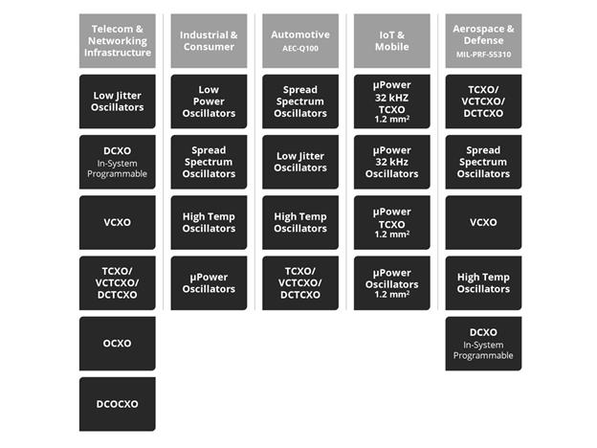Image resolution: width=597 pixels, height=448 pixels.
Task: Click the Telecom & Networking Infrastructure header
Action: [x=117, y=41]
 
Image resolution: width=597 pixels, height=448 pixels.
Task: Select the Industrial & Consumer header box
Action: [x=209, y=41]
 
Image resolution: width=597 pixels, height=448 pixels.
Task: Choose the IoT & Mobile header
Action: [x=391, y=41]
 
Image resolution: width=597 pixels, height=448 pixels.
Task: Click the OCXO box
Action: [x=117, y=343]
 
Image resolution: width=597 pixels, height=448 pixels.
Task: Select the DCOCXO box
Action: [x=117, y=403]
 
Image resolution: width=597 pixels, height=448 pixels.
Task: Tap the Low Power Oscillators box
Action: [x=209, y=101]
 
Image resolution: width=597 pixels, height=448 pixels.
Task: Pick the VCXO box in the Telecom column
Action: [x=117, y=222]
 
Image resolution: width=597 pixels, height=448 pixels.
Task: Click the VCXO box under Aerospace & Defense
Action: [x=483, y=222]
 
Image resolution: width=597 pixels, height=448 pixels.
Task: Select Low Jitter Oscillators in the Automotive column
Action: [x=300, y=162]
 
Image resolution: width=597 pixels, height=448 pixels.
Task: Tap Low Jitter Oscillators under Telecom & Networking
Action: [x=117, y=101]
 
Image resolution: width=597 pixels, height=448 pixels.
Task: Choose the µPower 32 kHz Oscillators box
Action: [x=391, y=162]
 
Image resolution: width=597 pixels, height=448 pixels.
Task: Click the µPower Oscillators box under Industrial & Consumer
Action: [x=209, y=282]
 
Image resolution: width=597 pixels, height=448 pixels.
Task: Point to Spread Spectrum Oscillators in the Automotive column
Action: [x=300, y=101]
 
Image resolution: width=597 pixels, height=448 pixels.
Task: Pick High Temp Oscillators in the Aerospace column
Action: [x=483, y=282]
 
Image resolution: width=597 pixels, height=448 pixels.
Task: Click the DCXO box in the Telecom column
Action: [x=117, y=162]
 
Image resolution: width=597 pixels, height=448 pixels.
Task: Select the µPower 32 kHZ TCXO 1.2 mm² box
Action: [x=391, y=101]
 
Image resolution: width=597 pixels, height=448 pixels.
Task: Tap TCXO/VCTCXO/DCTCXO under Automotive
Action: [x=300, y=282]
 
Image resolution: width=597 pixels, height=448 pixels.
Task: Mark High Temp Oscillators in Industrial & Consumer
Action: [x=209, y=222]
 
